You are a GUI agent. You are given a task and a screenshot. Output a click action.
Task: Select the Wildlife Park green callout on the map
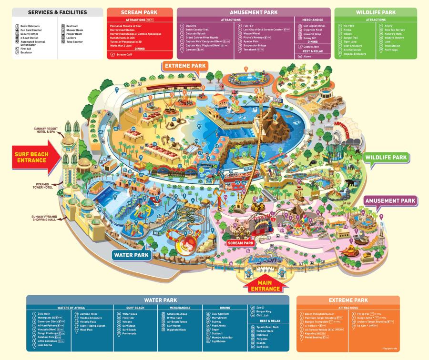(386, 157)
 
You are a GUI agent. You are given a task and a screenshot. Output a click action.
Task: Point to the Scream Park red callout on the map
(240, 243)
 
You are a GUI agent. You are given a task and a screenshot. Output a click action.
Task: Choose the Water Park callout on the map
(132, 255)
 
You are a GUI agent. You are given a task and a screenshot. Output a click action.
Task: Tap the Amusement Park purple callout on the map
(389, 201)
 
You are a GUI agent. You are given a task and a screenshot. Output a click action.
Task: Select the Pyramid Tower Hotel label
(46, 185)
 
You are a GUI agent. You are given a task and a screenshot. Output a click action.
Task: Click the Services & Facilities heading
(57, 12)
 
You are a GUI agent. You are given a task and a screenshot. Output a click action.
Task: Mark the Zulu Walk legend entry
(44, 314)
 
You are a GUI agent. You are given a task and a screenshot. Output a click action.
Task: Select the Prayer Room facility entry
(74, 34)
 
